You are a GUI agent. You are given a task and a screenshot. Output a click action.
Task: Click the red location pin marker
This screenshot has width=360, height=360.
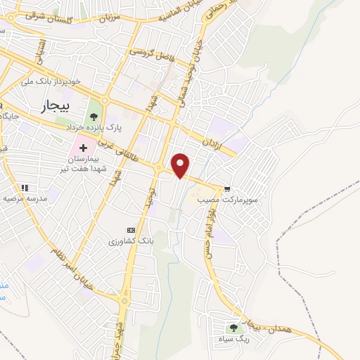coord(181,165)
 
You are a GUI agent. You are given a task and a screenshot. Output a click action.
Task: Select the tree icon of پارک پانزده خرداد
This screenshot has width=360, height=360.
coord(93,117)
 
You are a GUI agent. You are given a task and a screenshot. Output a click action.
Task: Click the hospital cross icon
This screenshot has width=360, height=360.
coord(84,148)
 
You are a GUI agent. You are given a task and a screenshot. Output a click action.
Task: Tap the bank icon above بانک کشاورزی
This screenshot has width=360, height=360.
coord(130,230)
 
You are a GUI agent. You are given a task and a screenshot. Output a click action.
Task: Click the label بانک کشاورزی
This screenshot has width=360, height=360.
coord(130,241)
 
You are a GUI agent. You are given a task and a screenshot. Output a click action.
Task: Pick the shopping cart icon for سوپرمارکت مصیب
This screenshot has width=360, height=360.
coord(227,189)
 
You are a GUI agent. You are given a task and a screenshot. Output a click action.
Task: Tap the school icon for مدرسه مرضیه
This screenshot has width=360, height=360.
coord(25,188)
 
